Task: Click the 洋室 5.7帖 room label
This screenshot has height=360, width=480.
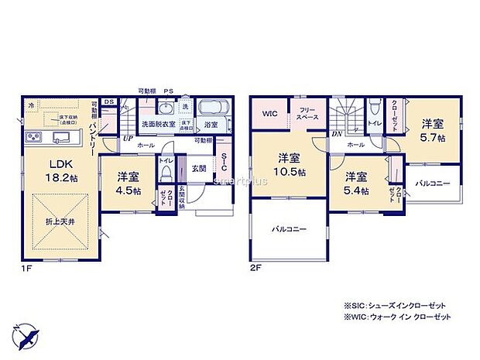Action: tap(432, 131)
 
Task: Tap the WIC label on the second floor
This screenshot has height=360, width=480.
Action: tap(269, 114)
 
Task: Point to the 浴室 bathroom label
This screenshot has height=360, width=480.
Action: tap(210, 124)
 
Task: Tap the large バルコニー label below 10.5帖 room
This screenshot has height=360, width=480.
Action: tap(288, 230)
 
